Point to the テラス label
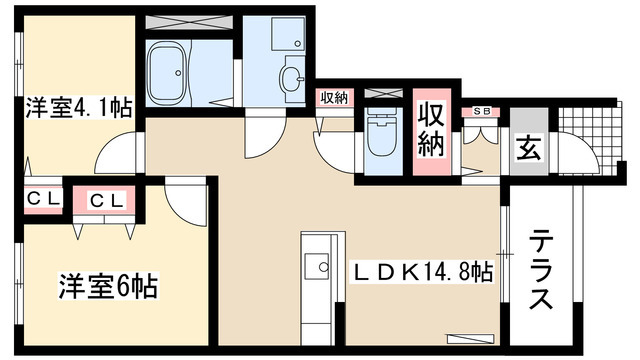(540, 271)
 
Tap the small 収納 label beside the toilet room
(334, 98)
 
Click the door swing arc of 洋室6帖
(182, 200)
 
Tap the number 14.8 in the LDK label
(451, 270)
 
